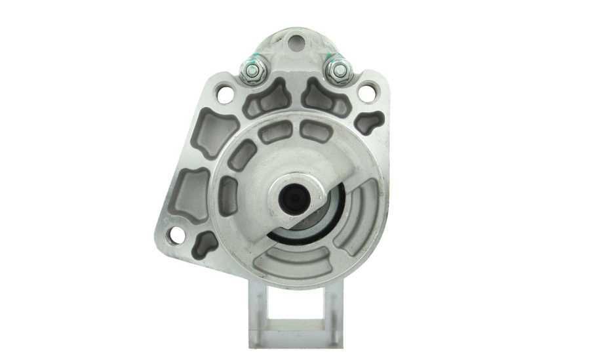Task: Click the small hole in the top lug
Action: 296,43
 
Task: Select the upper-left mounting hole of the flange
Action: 225,94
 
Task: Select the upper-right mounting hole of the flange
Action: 367,93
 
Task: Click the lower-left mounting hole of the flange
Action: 176,234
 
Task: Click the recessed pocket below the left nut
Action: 267,98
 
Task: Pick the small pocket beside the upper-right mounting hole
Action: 370,122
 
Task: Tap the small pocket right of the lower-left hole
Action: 206,243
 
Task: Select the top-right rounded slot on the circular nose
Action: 316,132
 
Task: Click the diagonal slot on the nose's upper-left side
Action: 243,155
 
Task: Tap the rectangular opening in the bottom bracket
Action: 296,302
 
